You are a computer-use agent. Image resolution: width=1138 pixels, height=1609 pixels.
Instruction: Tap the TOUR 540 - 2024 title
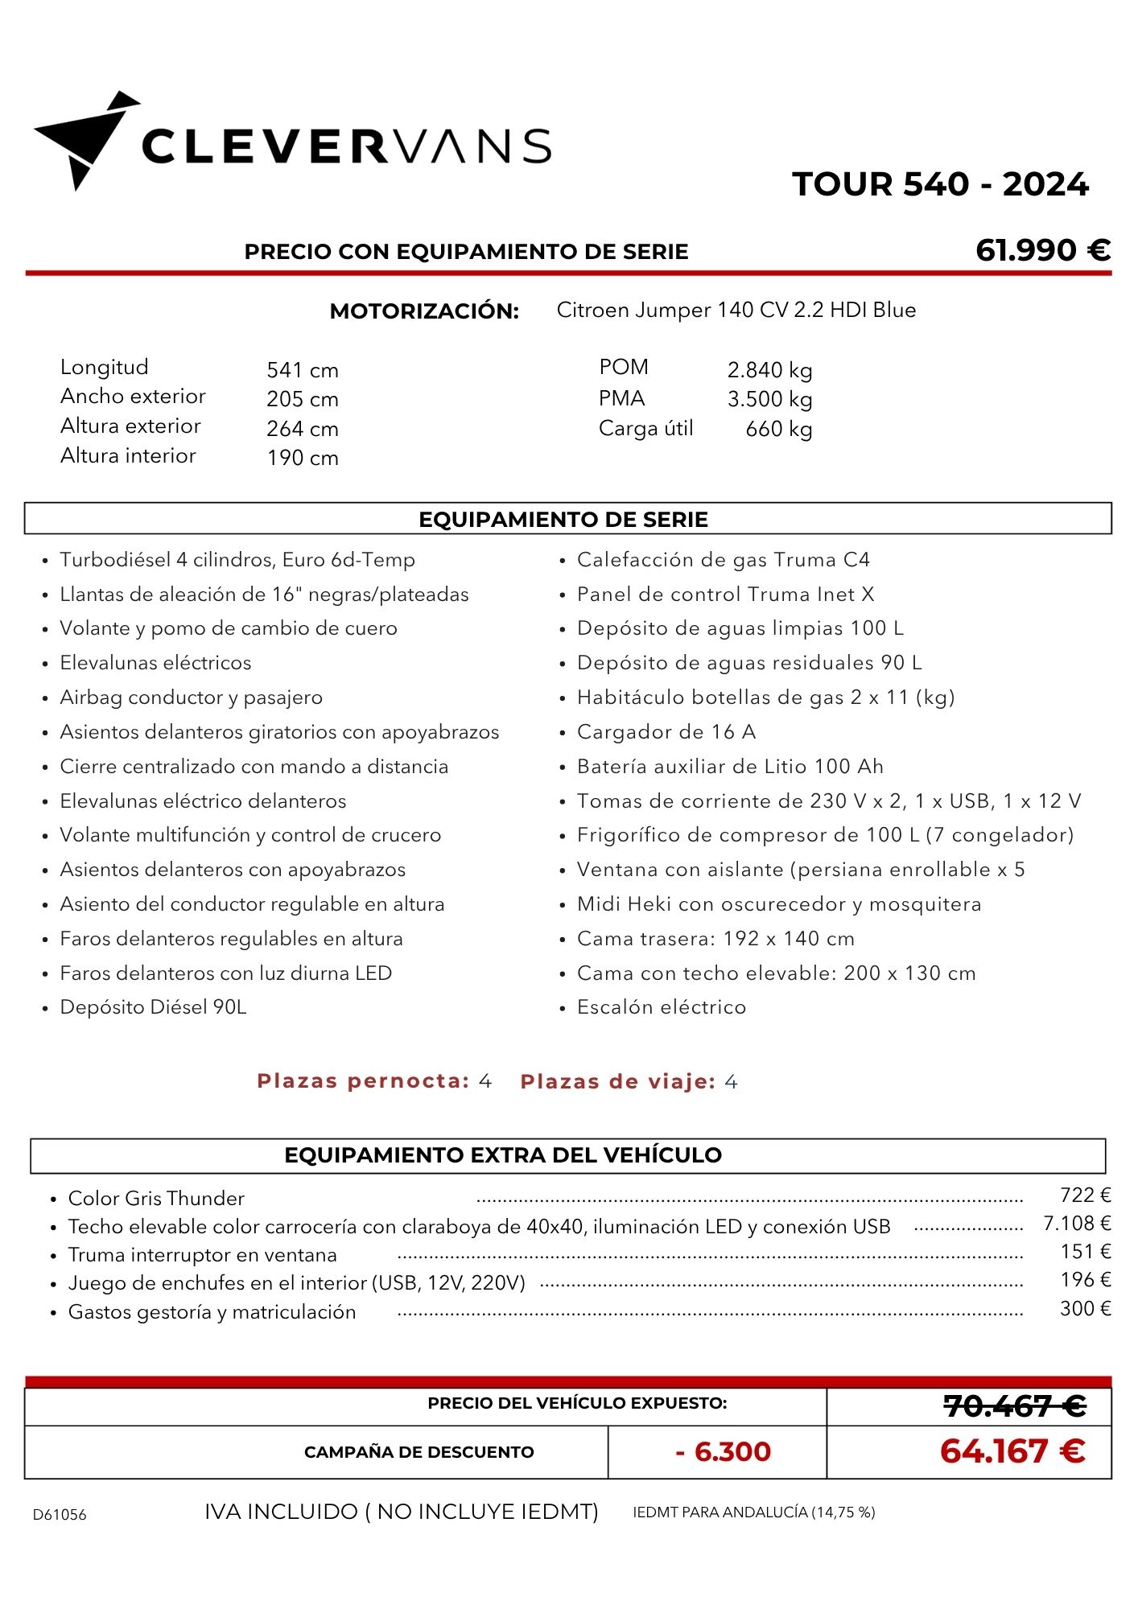click(940, 184)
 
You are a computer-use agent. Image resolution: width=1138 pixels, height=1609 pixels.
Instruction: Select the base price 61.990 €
click(1042, 250)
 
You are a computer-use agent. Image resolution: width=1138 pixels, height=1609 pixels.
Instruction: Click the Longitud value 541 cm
click(303, 370)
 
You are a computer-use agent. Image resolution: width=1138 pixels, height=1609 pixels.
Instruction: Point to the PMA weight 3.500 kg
click(769, 399)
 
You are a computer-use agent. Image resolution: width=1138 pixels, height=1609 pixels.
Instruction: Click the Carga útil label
click(645, 429)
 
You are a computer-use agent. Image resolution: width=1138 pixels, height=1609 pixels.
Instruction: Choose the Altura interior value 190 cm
click(303, 458)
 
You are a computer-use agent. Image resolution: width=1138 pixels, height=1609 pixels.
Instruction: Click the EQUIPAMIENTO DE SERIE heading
click(563, 520)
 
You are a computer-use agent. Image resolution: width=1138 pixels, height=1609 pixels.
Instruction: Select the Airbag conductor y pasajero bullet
click(191, 698)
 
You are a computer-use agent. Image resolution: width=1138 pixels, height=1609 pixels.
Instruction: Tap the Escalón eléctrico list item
click(661, 1007)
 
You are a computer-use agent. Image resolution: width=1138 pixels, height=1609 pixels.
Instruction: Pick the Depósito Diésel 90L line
click(153, 1007)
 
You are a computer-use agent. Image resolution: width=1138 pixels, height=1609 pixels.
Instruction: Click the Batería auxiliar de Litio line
click(730, 767)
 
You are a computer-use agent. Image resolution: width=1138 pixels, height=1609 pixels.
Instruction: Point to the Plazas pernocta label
click(363, 1081)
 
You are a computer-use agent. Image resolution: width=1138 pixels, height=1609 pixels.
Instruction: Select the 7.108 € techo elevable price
click(1077, 1224)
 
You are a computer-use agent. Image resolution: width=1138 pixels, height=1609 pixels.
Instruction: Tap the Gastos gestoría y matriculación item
click(212, 1312)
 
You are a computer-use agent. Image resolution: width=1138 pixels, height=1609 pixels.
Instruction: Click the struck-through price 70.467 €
click(1014, 1406)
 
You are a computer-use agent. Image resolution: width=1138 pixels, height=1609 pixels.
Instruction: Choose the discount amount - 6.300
click(724, 1451)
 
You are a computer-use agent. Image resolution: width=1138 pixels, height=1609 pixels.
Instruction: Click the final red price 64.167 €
click(1012, 1451)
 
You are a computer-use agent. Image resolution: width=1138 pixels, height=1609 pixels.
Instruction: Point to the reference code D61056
click(60, 1515)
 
